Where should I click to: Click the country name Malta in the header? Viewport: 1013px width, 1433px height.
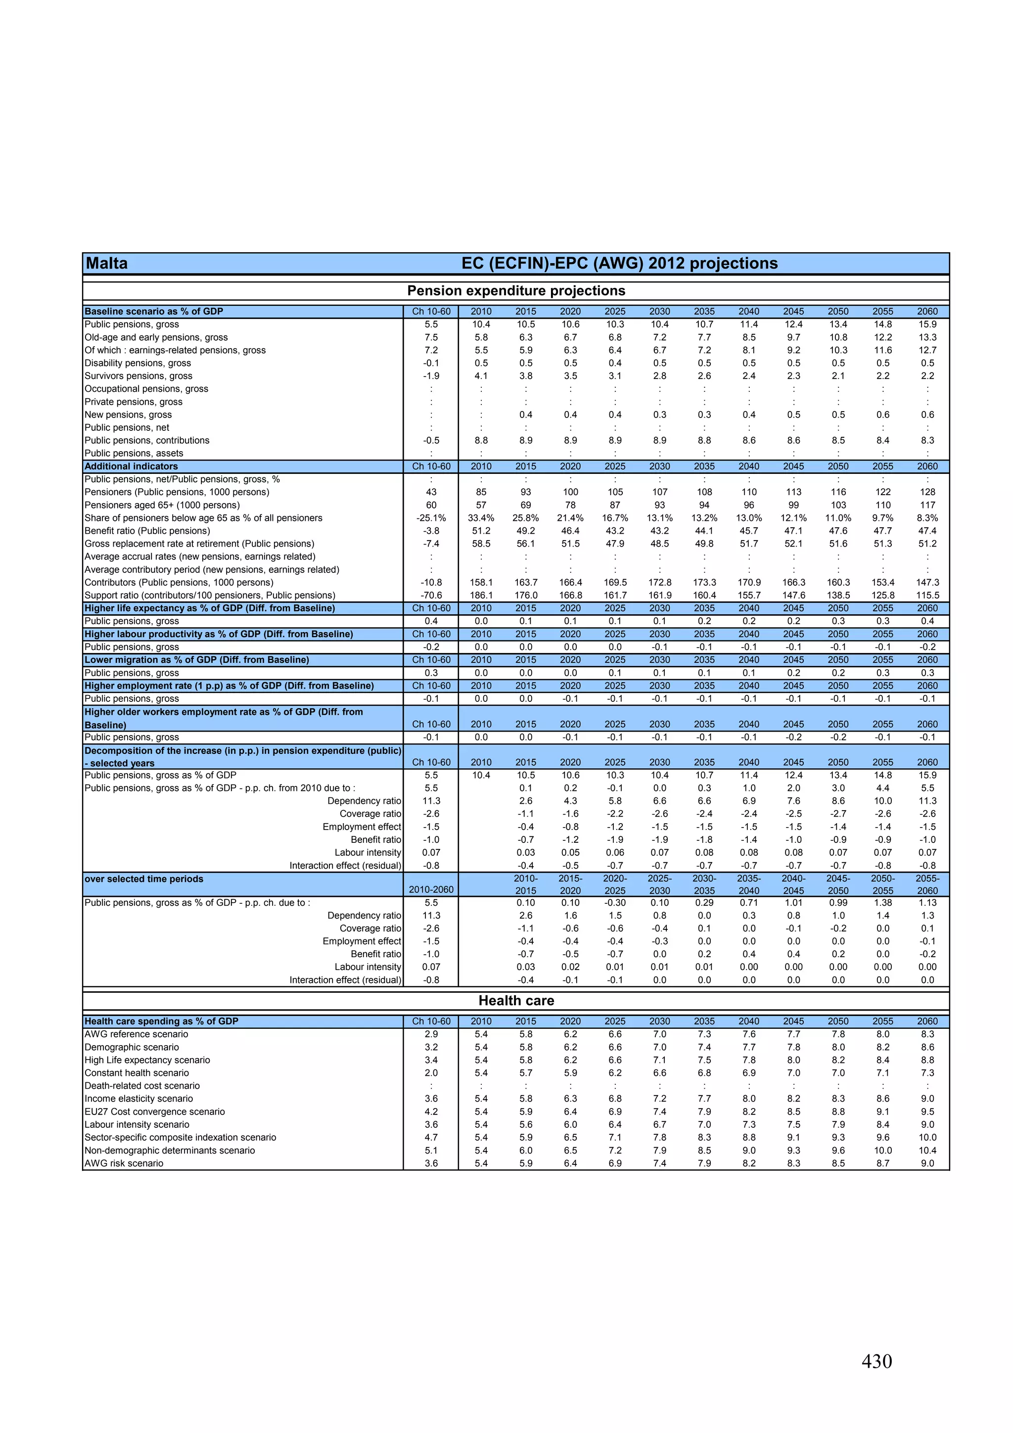click(x=107, y=263)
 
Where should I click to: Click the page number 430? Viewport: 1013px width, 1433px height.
click(x=876, y=1361)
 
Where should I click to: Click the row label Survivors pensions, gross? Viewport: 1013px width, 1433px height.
click(x=138, y=376)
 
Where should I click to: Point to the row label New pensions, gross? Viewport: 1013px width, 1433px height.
click(x=128, y=415)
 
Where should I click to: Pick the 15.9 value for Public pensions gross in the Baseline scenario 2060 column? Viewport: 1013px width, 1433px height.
click(x=927, y=324)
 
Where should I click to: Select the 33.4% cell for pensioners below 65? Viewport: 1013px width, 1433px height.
click(x=481, y=518)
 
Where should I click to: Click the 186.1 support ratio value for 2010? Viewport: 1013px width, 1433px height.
click(x=481, y=596)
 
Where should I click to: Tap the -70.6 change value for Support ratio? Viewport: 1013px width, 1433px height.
click(x=431, y=596)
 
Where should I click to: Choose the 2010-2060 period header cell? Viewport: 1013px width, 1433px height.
click(x=431, y=889)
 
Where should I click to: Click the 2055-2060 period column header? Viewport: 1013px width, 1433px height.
click(x=927, y=884)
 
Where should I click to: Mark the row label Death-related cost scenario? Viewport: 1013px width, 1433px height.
click(x=142, y=1085)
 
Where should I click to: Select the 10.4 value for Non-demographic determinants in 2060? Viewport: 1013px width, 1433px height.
click(x=927, y=1150)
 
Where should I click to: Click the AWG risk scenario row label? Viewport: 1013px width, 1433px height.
click(x=124, y=1163)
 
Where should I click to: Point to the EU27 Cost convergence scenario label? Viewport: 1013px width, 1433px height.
click(x=155, y=1111)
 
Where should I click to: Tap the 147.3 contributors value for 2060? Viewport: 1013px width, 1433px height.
click(x=927, y=582)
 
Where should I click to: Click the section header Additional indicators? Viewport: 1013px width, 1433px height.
click(x=131, y=466)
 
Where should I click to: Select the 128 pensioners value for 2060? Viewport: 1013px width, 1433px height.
click(x=927, y=492)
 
